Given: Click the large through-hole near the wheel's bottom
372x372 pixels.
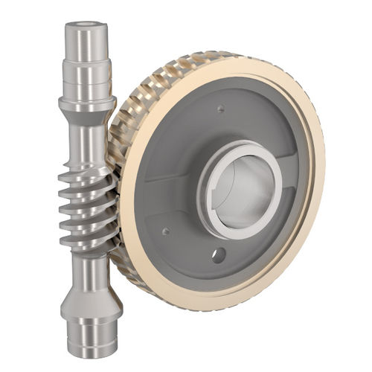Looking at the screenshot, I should click(217, 255).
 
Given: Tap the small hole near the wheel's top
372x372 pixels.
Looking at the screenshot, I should click(221, 109).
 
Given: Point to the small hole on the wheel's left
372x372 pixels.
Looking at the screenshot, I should click(165, 231).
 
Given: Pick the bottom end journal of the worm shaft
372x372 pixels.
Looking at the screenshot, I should click(92, 335).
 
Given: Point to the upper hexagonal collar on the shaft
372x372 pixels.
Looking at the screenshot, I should click(87, 104).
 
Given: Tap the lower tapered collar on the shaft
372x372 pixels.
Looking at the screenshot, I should click(90, 294).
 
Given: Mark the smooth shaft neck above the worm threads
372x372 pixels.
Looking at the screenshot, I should click(86, 141).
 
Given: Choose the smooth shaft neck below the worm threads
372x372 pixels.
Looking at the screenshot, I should click(89, 264).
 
